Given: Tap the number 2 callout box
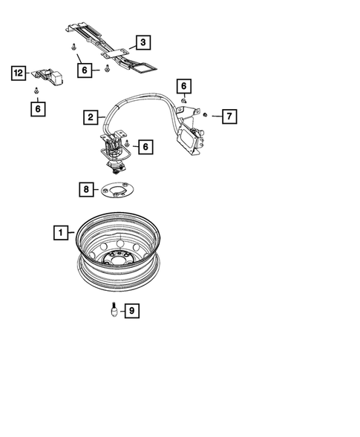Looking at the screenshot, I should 89,116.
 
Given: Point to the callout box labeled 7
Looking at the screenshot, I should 229,116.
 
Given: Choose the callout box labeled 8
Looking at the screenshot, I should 88,190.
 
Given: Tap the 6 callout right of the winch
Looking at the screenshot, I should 145,147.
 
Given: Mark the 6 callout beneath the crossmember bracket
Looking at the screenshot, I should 85,70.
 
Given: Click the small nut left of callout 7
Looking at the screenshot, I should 206,115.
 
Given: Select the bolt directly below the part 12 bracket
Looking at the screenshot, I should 37,91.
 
